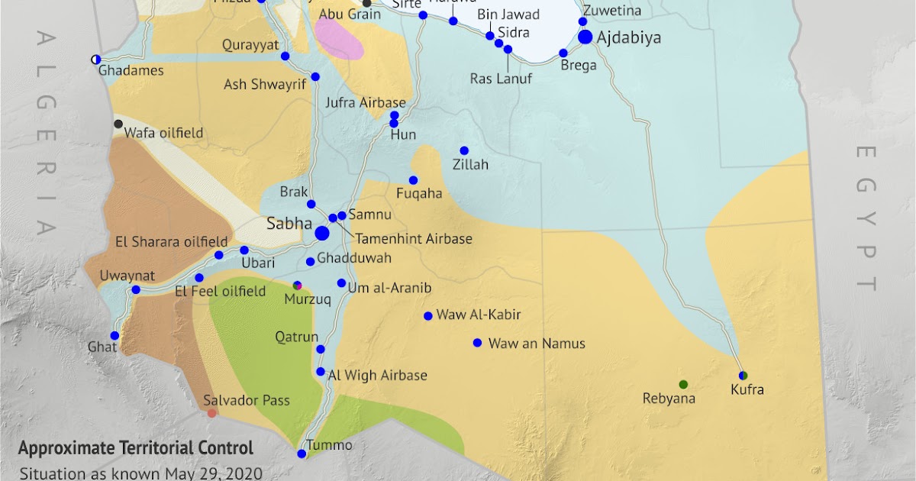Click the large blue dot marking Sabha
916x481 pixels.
point(322,232)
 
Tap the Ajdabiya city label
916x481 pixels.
point(630,37)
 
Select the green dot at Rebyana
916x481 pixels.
point(683,383)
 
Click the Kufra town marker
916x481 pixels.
point(743,375)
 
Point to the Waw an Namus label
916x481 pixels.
point(537,344)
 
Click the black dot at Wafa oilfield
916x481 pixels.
point(118,124)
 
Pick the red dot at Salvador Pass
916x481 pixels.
point(212,413)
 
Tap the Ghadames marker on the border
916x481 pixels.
point(95,59)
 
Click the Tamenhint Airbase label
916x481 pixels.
point(414,239)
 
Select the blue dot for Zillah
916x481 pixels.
point(464,150)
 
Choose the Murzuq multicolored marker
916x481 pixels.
point(298,286)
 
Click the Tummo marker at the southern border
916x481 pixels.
point(302,454)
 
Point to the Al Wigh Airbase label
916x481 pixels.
point(377,376)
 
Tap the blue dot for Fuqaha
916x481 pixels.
point(413,180)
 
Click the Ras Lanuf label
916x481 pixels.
point(501,79)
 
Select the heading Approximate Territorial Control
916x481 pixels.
point(136,449)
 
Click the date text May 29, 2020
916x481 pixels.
point(221,473)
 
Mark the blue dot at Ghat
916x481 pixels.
point(114,335)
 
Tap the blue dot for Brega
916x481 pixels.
point(563,53)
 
